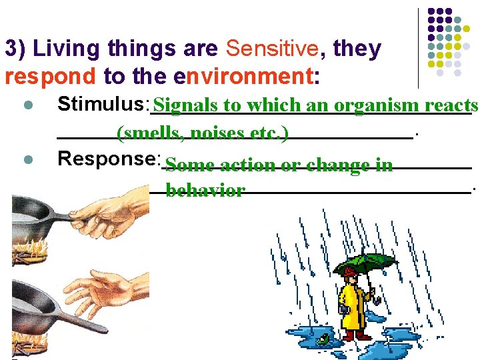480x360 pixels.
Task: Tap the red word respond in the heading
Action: (x=51, y=77)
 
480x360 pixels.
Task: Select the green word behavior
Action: (x=205, y=191)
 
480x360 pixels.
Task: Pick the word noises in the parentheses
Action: (x=217, y=133)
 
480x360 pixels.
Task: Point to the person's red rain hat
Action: (x=349, y=271)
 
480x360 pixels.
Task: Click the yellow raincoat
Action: (x=354, y=301)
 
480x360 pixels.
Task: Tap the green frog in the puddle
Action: (x=323, y=340)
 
